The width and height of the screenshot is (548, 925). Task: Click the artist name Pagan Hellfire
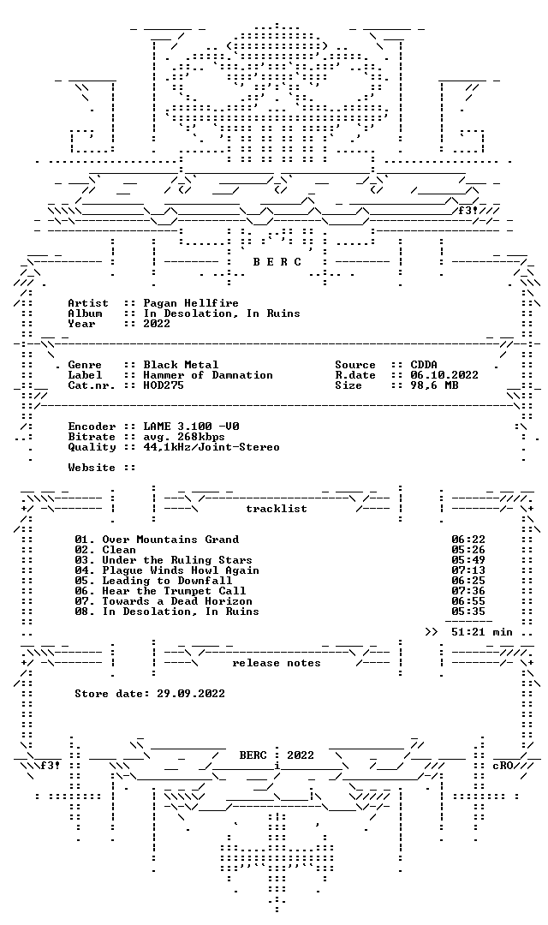point(191,303)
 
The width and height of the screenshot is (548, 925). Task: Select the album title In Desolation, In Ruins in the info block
point(221,313)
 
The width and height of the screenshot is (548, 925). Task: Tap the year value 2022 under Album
point(157,323)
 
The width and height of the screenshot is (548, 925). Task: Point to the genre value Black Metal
point(181,365)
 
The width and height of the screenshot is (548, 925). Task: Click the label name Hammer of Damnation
point(207,375)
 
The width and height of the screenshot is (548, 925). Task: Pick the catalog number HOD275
point(164,385)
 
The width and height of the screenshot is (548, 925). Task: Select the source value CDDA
point(424,365)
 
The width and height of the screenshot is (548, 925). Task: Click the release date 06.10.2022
point(444,375)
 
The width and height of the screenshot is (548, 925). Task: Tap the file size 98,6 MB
point(434,385)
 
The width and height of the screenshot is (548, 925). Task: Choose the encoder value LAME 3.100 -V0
point(191,427)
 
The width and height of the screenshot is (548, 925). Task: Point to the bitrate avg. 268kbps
point(183,437)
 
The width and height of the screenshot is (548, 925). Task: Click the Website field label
point(92,468)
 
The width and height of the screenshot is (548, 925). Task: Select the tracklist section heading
point(276,509)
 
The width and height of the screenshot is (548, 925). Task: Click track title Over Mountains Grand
point(170,540)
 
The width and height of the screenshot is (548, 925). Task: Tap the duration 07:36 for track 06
point(468,591)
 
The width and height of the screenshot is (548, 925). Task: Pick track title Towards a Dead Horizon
point(177,601)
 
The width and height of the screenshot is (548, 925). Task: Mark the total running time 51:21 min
point(482,632)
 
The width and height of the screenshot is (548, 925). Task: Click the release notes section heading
point(276,663)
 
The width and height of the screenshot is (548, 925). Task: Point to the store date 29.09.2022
point(191,694)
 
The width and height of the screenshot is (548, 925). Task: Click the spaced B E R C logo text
point(277,262)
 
